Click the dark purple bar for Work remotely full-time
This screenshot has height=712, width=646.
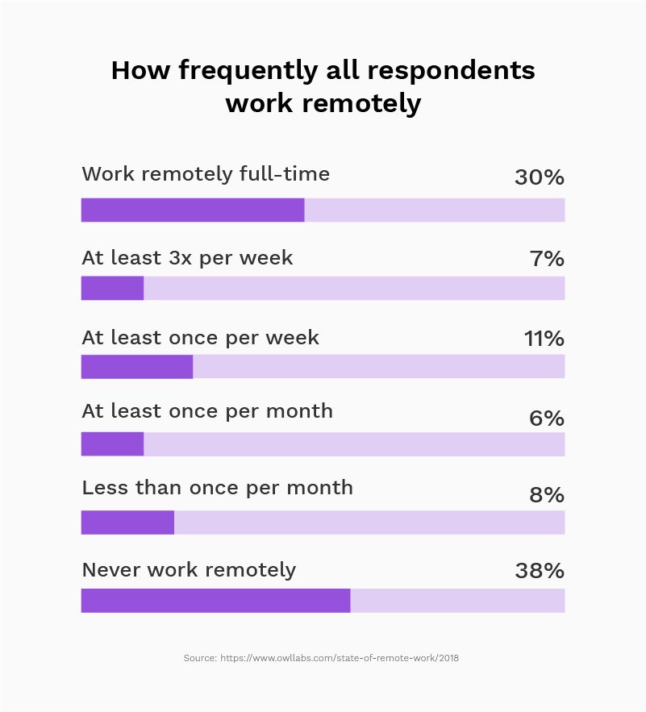click(193, 210)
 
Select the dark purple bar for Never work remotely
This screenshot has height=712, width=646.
click(215, 601)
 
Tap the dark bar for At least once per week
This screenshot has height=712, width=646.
click(137, 366)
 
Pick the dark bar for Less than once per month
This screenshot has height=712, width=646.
click(127, 523)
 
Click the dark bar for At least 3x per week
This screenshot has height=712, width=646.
click(112, 288)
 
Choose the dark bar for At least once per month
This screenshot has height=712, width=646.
click(112, 444)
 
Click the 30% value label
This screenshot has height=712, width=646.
click(539, 177)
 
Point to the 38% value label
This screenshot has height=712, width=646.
click(539, 571)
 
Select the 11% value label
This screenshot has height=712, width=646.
click(544, 339)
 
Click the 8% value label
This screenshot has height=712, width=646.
click(547, 494)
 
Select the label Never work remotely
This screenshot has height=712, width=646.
click(189, 570)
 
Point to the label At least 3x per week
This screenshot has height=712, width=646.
click(187, 259)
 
